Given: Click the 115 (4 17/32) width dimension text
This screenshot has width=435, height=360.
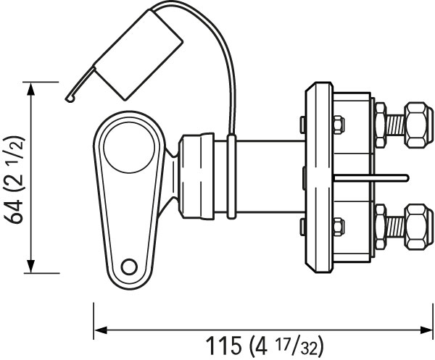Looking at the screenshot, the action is tap(265, 346).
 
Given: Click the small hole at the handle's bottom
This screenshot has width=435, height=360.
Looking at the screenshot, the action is tap(129, 267).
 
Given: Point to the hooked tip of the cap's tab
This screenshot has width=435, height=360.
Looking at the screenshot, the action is tap(70, 99).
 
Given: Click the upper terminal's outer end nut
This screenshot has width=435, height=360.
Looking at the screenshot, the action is tap(418, 125).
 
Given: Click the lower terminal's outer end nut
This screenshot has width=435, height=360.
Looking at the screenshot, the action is tap(418, 227).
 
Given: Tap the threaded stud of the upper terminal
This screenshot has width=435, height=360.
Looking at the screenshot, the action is tap(394, 125).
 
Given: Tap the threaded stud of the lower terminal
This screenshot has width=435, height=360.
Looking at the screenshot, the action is tap(394, 227).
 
